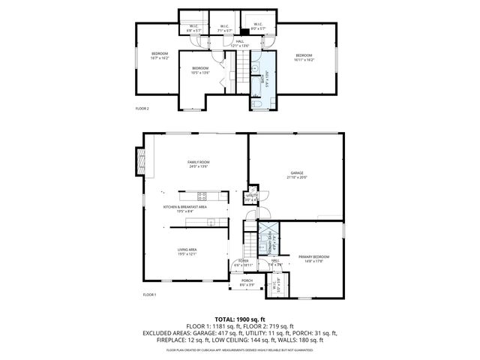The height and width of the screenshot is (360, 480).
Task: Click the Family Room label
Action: [x=198, y=163]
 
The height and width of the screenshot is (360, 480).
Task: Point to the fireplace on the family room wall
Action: [x=139, y=158]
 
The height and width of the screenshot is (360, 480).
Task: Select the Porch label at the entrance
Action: [x=247, y=282]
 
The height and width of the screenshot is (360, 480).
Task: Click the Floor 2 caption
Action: [x=142, y=109]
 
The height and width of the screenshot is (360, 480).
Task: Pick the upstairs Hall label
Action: [x=240, y=43]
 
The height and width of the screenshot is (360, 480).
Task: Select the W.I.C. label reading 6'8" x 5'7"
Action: [x=193, y=29]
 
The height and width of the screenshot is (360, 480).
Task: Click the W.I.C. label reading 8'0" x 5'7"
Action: [x=257, y=26]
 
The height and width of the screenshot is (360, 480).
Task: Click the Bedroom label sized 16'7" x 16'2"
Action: [x=160, y=55]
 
